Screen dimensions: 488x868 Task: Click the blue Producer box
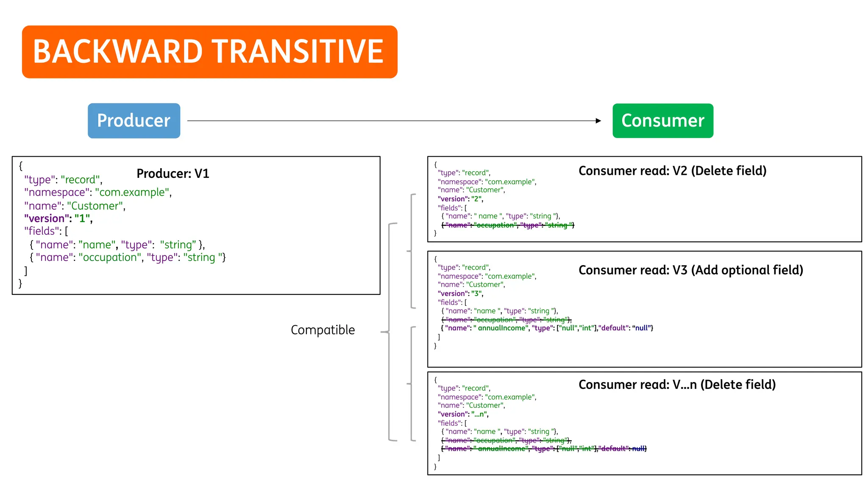click(134, 121)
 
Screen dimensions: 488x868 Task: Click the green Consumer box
click(662, 121)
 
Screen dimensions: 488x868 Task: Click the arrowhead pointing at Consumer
click(598, 121)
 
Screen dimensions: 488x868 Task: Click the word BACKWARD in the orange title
click(118, 52)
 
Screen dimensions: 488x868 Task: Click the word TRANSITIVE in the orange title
click(298, 52)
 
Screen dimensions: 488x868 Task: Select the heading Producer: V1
click(173, 174)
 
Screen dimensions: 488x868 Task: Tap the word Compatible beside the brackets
click(323, 330)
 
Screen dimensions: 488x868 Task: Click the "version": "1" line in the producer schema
click(58, 219)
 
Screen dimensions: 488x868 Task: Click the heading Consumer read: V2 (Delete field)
click(672, 171)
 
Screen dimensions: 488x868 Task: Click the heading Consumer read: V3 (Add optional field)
click(690, 270)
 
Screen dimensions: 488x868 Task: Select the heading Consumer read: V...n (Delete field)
click(677, 385)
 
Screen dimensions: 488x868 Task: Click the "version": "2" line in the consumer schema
click(460, 199)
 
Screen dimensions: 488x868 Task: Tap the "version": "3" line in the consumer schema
click(460, 294)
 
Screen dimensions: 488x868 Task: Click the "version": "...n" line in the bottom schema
click(463, 414)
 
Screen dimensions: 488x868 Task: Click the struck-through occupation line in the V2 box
click(508, 225)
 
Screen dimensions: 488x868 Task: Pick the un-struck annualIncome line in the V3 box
click(547, 328)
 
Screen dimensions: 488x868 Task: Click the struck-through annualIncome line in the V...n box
click(544, 449)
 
